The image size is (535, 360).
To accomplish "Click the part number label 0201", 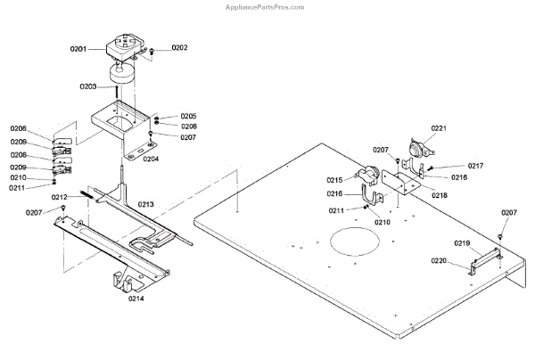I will click(78, 49).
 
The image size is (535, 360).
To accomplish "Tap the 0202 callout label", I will click(179, 47).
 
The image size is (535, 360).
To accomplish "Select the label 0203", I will click(88, 86).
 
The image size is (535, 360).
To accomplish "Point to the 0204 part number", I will click(151, 159).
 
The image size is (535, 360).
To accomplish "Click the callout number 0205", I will click(188, 117).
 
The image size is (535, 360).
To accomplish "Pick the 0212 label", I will click(60, 197).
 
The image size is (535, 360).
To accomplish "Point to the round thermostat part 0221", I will click(416, 150).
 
